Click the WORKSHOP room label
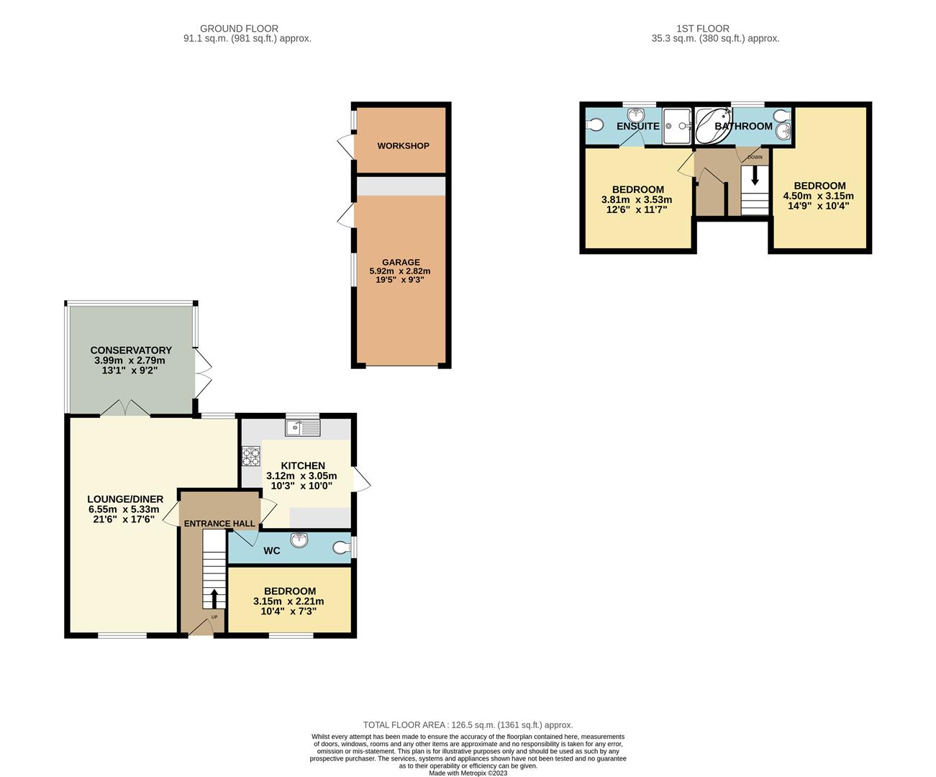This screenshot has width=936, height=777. (403, 146)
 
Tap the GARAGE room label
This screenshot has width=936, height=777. (401, 263)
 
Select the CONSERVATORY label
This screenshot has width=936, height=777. (131, 350)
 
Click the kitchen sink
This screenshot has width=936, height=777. (303, 428)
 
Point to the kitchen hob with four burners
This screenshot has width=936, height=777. (251, 456)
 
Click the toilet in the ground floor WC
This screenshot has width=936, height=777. (342, 547)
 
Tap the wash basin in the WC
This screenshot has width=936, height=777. (299, 540)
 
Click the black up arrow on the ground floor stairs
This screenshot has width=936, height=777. (214, 598)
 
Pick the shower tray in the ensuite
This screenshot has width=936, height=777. (677, 126)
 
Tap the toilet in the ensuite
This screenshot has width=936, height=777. (594, 124)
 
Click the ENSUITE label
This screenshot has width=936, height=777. (638, 127)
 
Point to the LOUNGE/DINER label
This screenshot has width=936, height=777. (125, 499)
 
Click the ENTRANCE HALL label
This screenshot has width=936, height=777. (219, 524)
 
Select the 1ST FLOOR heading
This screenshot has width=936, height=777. (703, 29)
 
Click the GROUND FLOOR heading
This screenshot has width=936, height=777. (239, 29)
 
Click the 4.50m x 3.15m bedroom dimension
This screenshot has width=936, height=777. (818, 196)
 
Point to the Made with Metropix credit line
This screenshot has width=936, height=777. (468, 773)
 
